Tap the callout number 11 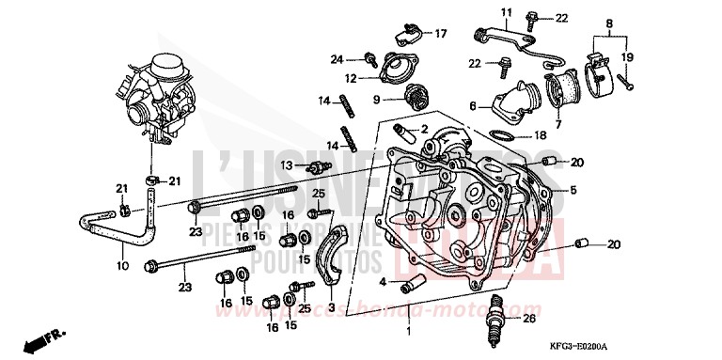[505, 12]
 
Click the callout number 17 [440, 34]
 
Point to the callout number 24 [337, 59]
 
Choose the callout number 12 [350, 78]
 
